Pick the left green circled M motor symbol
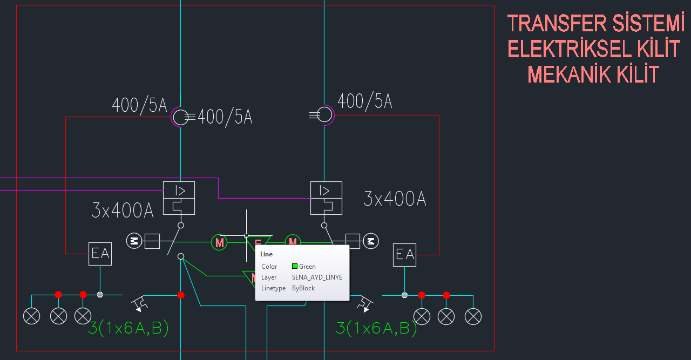point(219,242)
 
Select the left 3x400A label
point(123,210)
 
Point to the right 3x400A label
point(395,199)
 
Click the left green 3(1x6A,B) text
point(128,328)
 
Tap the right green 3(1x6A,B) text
point(376,328)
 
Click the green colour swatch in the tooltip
point(295,266)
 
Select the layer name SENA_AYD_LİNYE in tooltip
point(317,277)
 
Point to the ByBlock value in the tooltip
point(303,288)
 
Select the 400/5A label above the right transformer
point(365,101)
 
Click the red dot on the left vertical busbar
point(181,295)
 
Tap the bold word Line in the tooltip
point(266,254)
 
